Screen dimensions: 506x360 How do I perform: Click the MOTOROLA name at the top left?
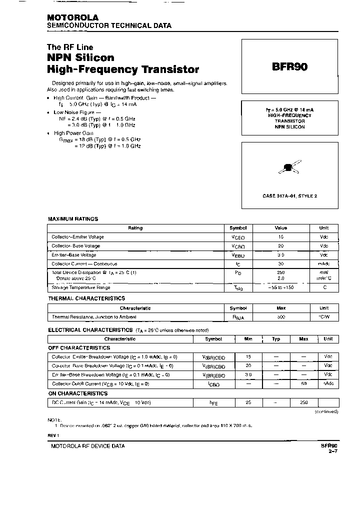pos(72,17)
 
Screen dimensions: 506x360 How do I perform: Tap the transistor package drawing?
pos(288,168)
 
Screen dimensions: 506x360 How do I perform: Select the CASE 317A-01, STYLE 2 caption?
pos(289,196)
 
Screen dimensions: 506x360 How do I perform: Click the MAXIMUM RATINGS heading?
pos(73,219)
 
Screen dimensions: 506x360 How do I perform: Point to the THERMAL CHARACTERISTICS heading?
pos(86,298)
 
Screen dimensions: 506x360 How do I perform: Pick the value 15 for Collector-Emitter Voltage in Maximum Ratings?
pos(281,237)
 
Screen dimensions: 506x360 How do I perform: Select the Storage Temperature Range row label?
pos(81,287)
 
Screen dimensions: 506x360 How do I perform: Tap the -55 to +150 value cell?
pos(281,288)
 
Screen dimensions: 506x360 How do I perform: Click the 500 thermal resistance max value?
pos(281,317)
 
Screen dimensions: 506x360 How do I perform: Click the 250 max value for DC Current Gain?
pos(303,402)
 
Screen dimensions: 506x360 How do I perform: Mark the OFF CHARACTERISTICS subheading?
pos(79,347)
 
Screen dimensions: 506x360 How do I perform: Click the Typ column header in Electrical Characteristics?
pos(275,339)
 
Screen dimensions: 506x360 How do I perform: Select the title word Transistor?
pos(166,69)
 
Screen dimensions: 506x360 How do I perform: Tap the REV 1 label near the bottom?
pos(54,435)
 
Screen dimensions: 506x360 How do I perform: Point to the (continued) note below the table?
pos(326,411)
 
